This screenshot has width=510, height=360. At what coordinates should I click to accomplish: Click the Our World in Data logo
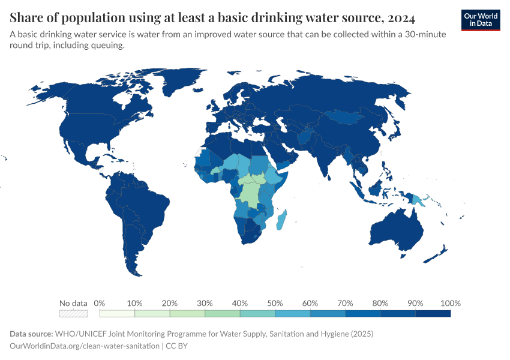481,20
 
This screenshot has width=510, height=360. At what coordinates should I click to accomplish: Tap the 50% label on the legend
275,303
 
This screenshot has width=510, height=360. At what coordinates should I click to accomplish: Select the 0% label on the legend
100,303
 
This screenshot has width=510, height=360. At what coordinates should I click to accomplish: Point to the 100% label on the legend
450,303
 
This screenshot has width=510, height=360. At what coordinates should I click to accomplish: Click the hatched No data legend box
73,313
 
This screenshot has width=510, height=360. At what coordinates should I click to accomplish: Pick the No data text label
73,303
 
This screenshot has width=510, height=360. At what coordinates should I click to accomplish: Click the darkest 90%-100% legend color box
433,313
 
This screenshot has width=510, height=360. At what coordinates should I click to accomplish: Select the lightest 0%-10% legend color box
117,313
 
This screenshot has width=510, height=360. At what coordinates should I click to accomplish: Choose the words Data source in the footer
31,334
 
